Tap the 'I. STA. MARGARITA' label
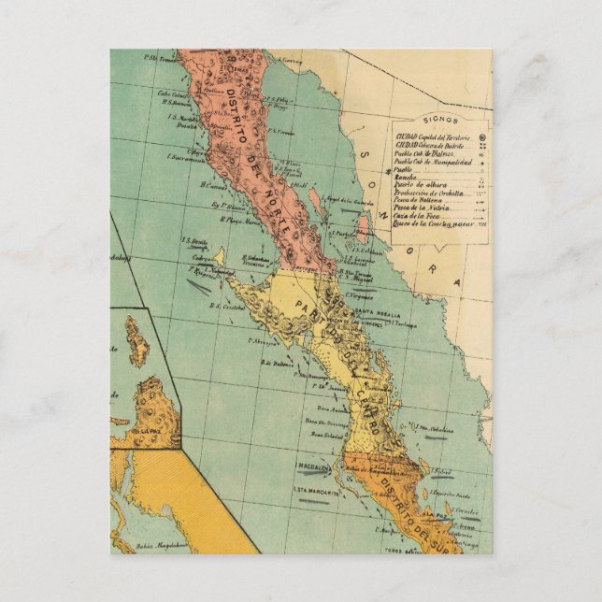click(311, 488)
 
